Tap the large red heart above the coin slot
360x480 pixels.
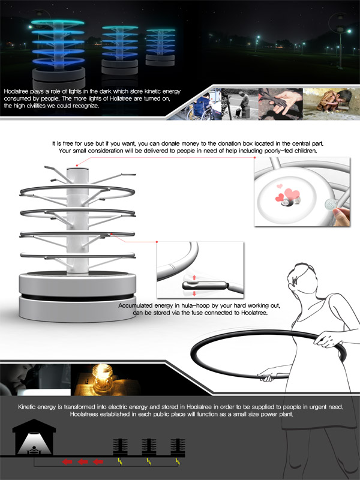click(x=292, y=194)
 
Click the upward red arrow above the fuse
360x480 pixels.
click(x=194, y=278)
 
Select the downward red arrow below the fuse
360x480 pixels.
click(x=194, y=294)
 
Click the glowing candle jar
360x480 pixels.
click(x=102, y=379)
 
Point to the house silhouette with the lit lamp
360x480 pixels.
click(x=34, y=437)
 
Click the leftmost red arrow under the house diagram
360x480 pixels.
click(x=67, y=461)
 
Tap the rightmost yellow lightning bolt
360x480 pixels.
click(x=178, y=461)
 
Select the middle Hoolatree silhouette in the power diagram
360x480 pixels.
click(x=149, y=447)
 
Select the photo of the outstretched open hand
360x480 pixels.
click(x=281, y=104)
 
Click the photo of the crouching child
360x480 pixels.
click(x=332, y=104)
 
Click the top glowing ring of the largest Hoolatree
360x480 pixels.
click(x=58, y=22)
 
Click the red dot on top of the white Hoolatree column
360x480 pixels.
click(x=77, y=166)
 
